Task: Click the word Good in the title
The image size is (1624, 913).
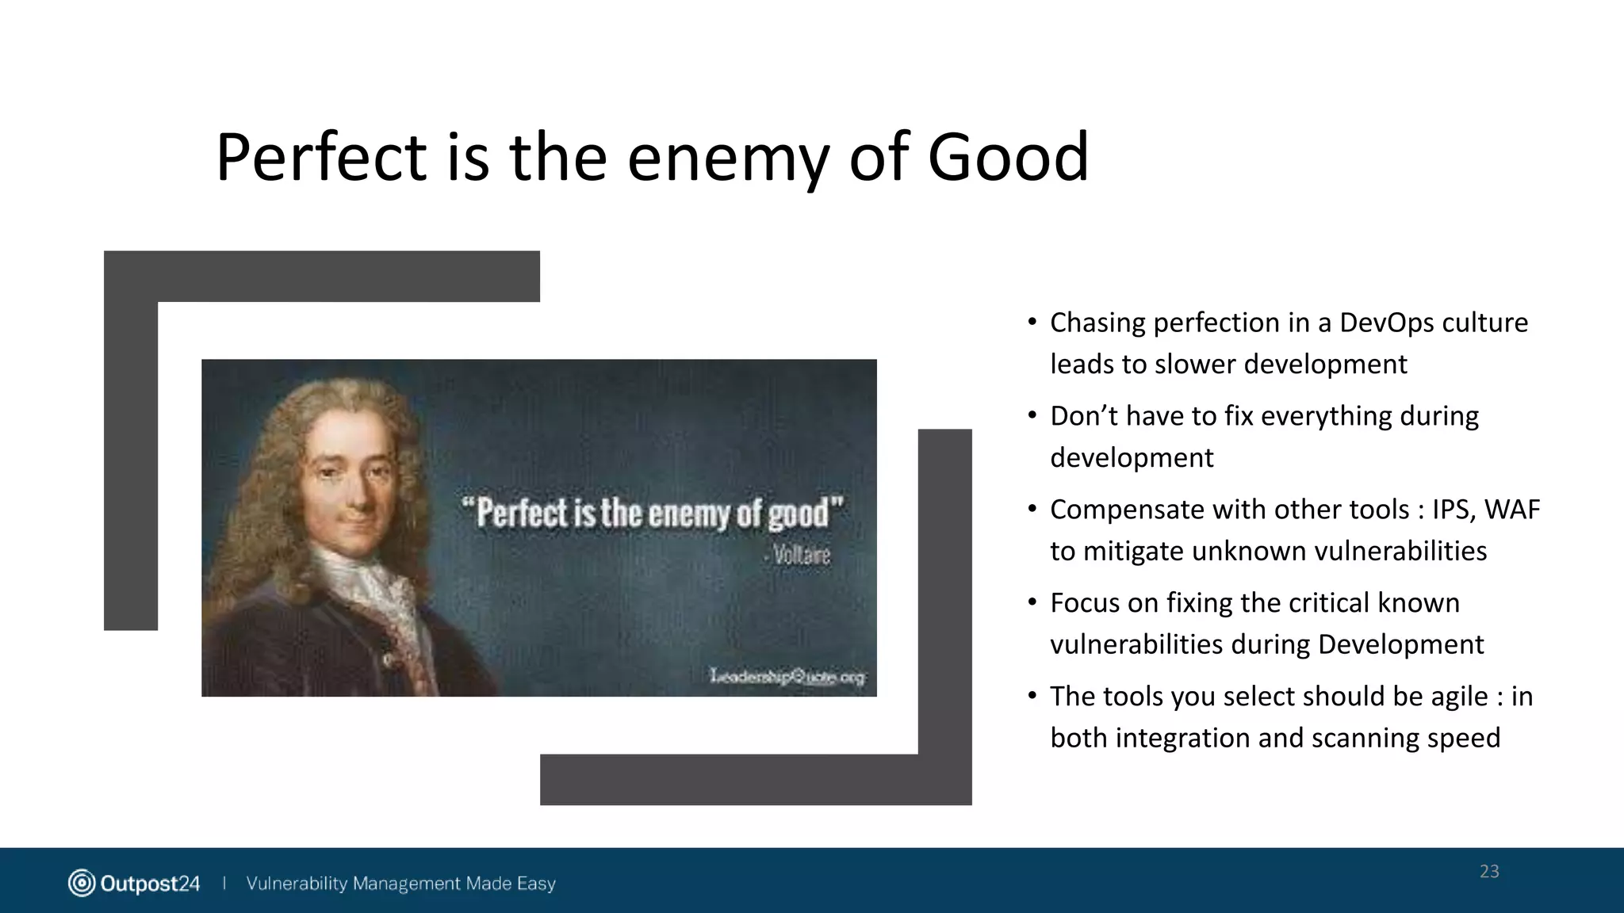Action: coord(1008,157)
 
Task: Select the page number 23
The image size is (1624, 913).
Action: coord(1489,872)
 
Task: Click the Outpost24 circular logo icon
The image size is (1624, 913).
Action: coord(82,883)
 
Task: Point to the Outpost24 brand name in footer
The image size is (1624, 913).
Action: coord(150,883)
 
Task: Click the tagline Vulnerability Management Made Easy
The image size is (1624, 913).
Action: coord(400,883)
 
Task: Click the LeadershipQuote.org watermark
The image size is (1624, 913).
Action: coord(787,676)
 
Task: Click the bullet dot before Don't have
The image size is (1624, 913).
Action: coord(1032,415)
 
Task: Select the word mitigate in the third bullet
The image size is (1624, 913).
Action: coord(1133,552)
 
